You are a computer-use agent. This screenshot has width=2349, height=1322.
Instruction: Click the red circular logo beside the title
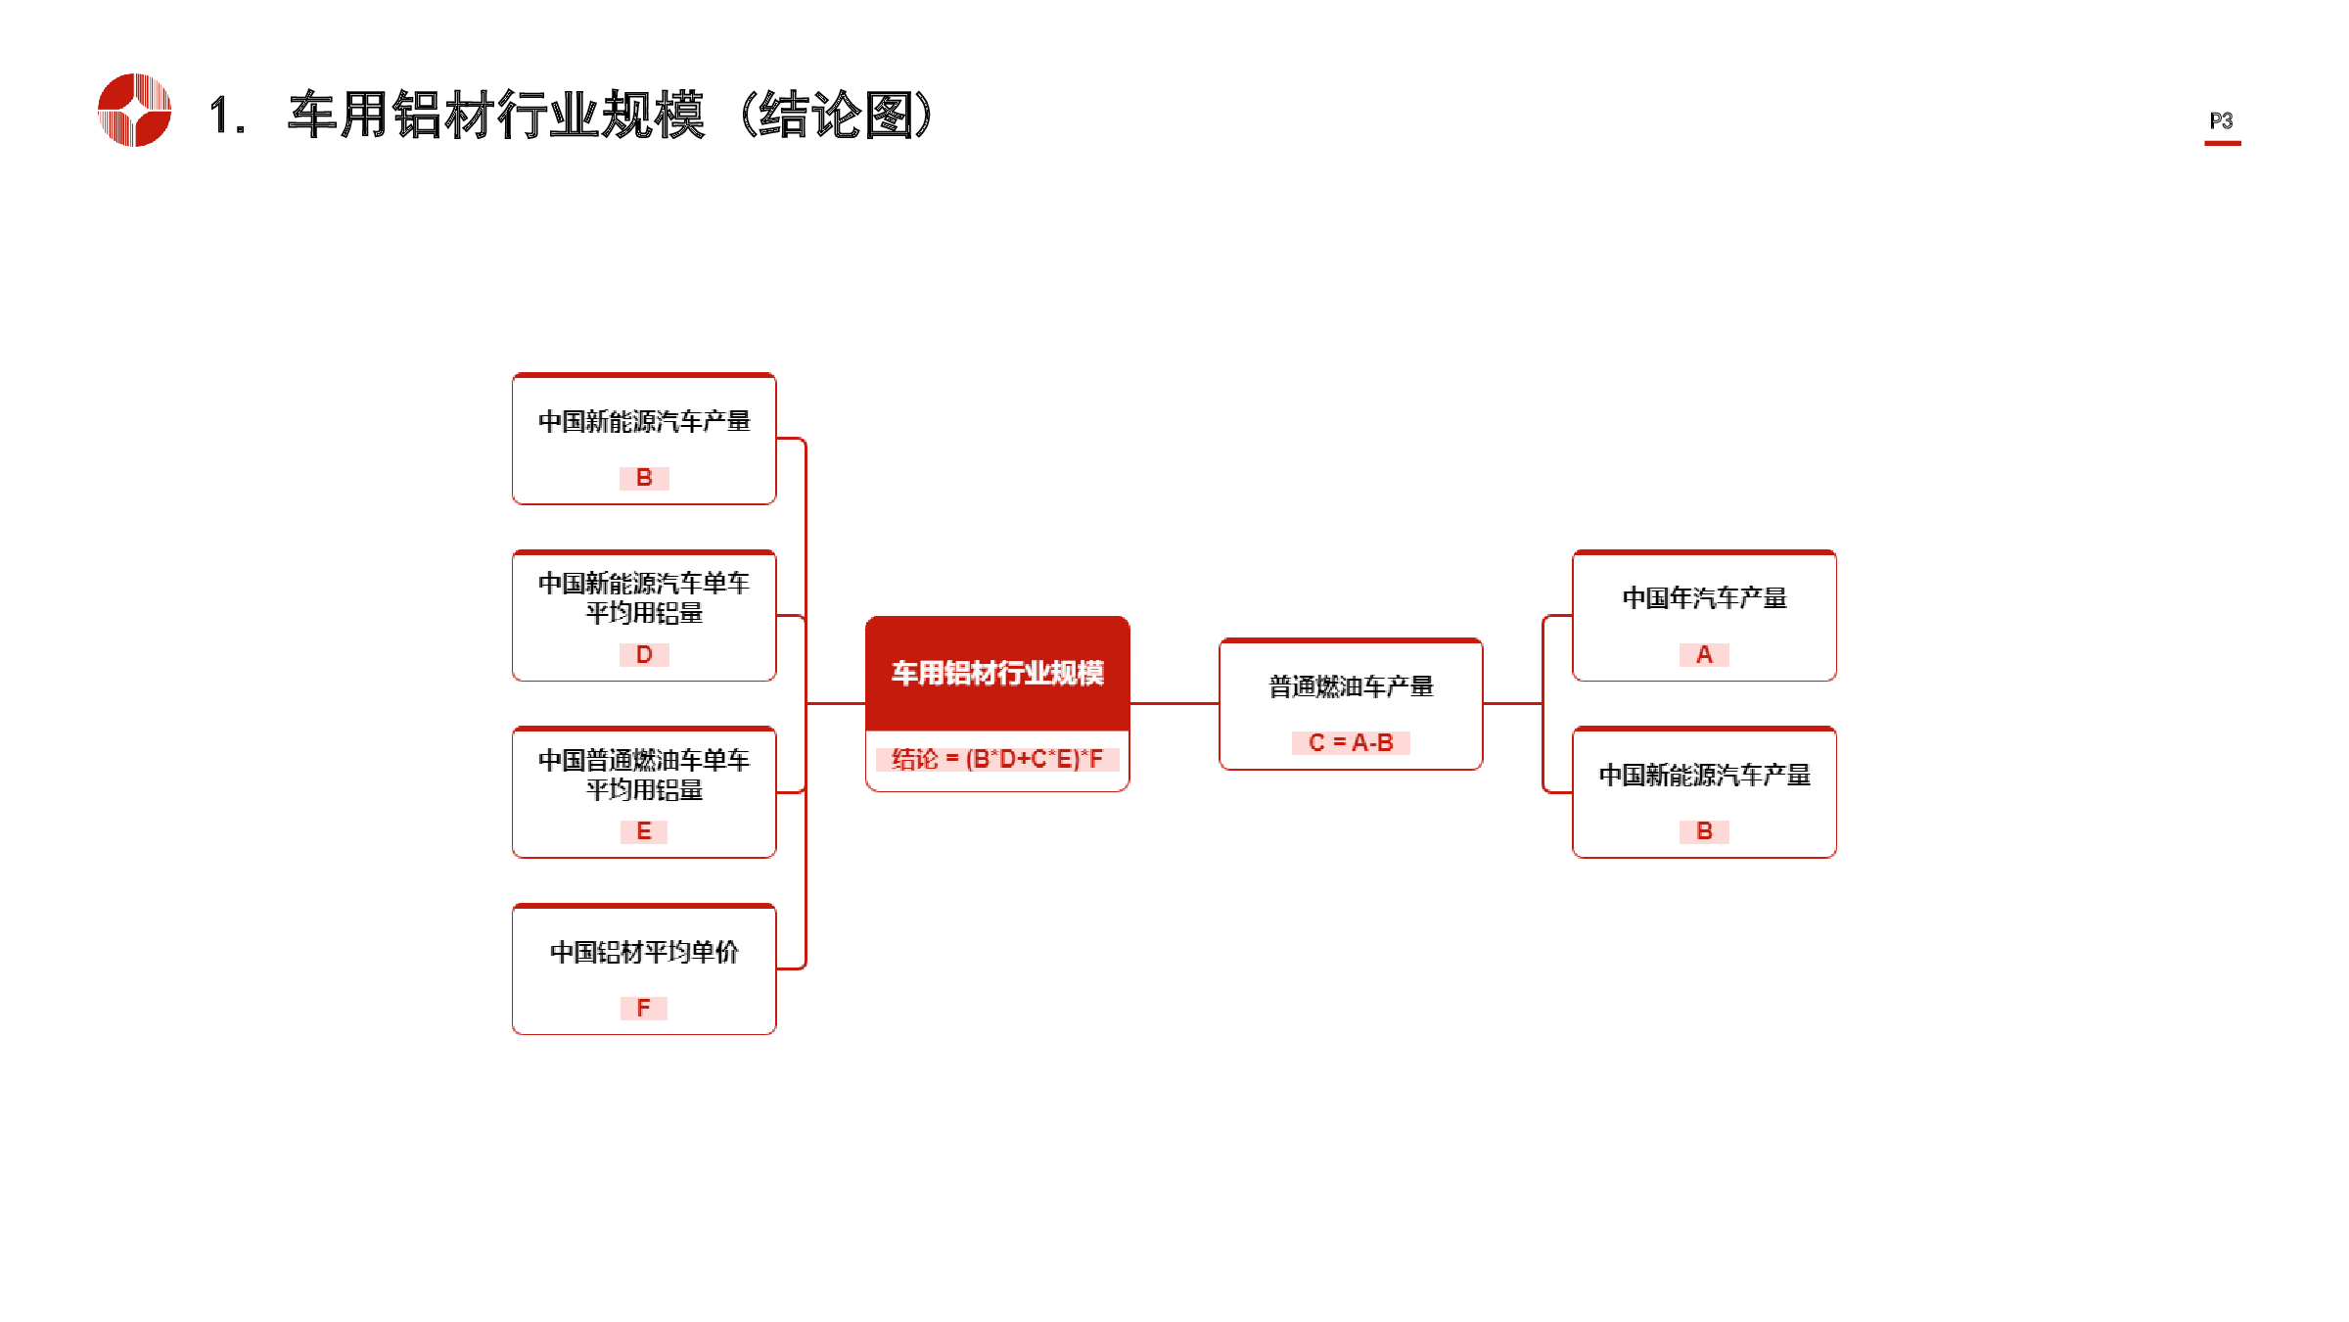(x=135, y=110)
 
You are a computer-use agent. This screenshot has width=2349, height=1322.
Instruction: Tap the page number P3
(x=2222, y=120)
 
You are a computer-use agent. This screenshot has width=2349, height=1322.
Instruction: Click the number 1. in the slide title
(x=227, y=116)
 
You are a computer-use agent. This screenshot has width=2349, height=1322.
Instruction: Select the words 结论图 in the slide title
(x=836, y=115)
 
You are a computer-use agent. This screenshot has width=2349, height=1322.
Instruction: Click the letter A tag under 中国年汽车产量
(x=1704, y=654)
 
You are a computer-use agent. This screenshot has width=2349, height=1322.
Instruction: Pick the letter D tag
(x=644, y=654)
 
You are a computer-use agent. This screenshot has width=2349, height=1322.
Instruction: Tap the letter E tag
(x=644, y=831)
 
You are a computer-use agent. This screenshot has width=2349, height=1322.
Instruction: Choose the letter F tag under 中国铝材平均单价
(x=644, y=1008)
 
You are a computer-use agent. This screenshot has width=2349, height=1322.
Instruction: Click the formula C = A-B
(x=1351, y=743)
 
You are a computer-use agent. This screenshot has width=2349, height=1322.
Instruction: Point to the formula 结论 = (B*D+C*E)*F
(x=997, y=759)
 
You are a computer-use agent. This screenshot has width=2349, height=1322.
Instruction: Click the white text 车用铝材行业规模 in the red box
(x=997, y=673)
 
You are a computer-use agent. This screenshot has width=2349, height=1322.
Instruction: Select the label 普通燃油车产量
(x=1351, y=686)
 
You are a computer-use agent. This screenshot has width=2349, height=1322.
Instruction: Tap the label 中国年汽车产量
(x=1704, y=597)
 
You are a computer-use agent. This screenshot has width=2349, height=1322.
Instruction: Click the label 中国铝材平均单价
(x=644, y=952)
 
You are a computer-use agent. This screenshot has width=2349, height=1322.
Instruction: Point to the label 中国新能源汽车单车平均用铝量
(x=644, y=597)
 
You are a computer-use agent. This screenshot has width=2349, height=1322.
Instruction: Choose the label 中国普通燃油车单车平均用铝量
(x=644, y=775)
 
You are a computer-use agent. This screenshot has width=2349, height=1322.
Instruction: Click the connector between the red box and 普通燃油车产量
(x=1174, y=703)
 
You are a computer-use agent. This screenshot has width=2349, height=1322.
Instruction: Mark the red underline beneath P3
(x=2223, y=143)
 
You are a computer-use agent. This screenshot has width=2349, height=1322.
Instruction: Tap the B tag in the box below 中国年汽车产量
(x=1704, y=831)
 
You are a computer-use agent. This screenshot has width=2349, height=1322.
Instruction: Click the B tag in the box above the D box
(x=644, y=478)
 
